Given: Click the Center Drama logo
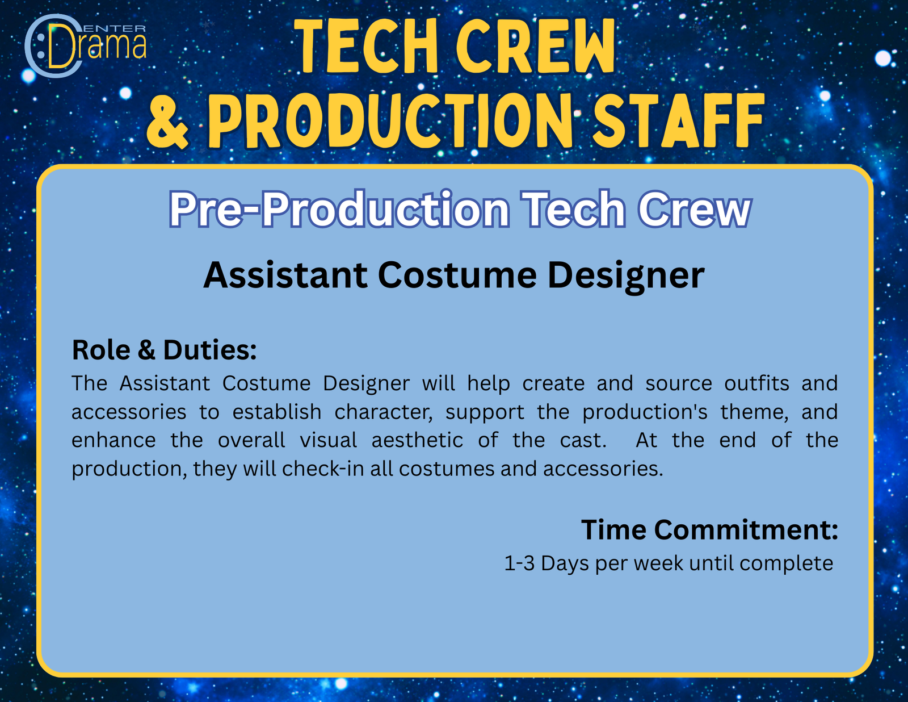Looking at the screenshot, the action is (x=85, y=45).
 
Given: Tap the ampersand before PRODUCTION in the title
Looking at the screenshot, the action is (x=167, y=122).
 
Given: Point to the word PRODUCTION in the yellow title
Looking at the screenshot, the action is (x=390, y=121).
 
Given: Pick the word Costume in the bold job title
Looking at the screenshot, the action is (x=457, y=275).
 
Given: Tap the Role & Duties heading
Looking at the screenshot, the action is (x=164, y=349).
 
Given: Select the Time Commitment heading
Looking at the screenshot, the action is (x=709, y=530).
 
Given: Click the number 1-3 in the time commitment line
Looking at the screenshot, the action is (x=519, y=563).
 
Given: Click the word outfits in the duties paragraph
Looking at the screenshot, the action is (x=756, y=383).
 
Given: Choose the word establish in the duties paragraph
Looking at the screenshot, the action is (x=277, y=412).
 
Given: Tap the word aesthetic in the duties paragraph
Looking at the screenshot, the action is (x=418, y=440).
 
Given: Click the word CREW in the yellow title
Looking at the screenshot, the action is (x=536, y=46).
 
